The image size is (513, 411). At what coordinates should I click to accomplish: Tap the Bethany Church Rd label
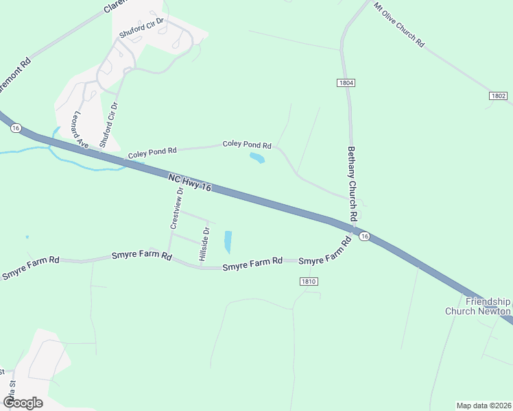(353, 184)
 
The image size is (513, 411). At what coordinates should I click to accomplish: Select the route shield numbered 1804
(346, 82)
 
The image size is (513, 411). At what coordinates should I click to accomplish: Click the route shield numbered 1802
(498, 96)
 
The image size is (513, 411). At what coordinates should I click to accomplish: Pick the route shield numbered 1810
(309, 282)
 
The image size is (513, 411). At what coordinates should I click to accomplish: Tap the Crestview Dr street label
(176, 208)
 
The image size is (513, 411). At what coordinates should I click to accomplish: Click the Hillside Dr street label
(204, 244)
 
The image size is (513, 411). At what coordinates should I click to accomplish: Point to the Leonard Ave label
(82, 130)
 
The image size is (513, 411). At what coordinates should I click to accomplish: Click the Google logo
(23, 403)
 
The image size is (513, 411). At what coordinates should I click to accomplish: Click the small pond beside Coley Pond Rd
(257, 159)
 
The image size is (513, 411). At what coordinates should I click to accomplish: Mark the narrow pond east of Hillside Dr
(228, 241)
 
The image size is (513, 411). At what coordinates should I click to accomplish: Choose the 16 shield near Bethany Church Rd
(364, 236)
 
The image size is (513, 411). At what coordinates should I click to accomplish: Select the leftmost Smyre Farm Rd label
(31, 266)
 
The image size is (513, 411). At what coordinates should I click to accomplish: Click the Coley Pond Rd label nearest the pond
(247, 145)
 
